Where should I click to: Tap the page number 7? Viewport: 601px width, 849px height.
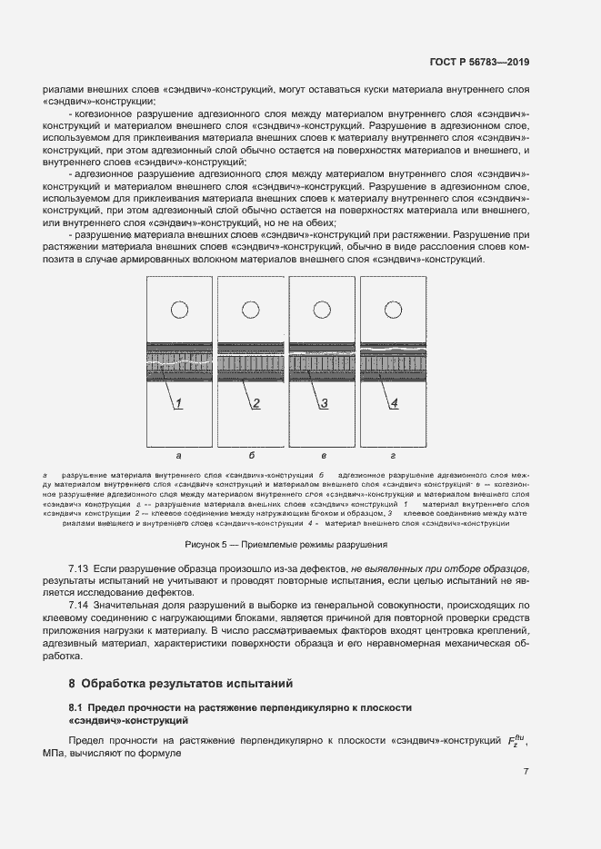pos(526,772)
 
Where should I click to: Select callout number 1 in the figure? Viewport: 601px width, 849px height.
pos(179,403)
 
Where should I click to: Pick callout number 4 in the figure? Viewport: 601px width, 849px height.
pos(394,403)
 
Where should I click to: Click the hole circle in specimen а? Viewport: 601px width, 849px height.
pos(179,310)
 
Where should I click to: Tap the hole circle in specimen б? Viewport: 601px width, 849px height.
pos(250,310)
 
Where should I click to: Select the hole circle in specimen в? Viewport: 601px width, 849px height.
pos(322,310)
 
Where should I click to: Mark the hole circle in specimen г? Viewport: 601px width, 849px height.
pos(393,310)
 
